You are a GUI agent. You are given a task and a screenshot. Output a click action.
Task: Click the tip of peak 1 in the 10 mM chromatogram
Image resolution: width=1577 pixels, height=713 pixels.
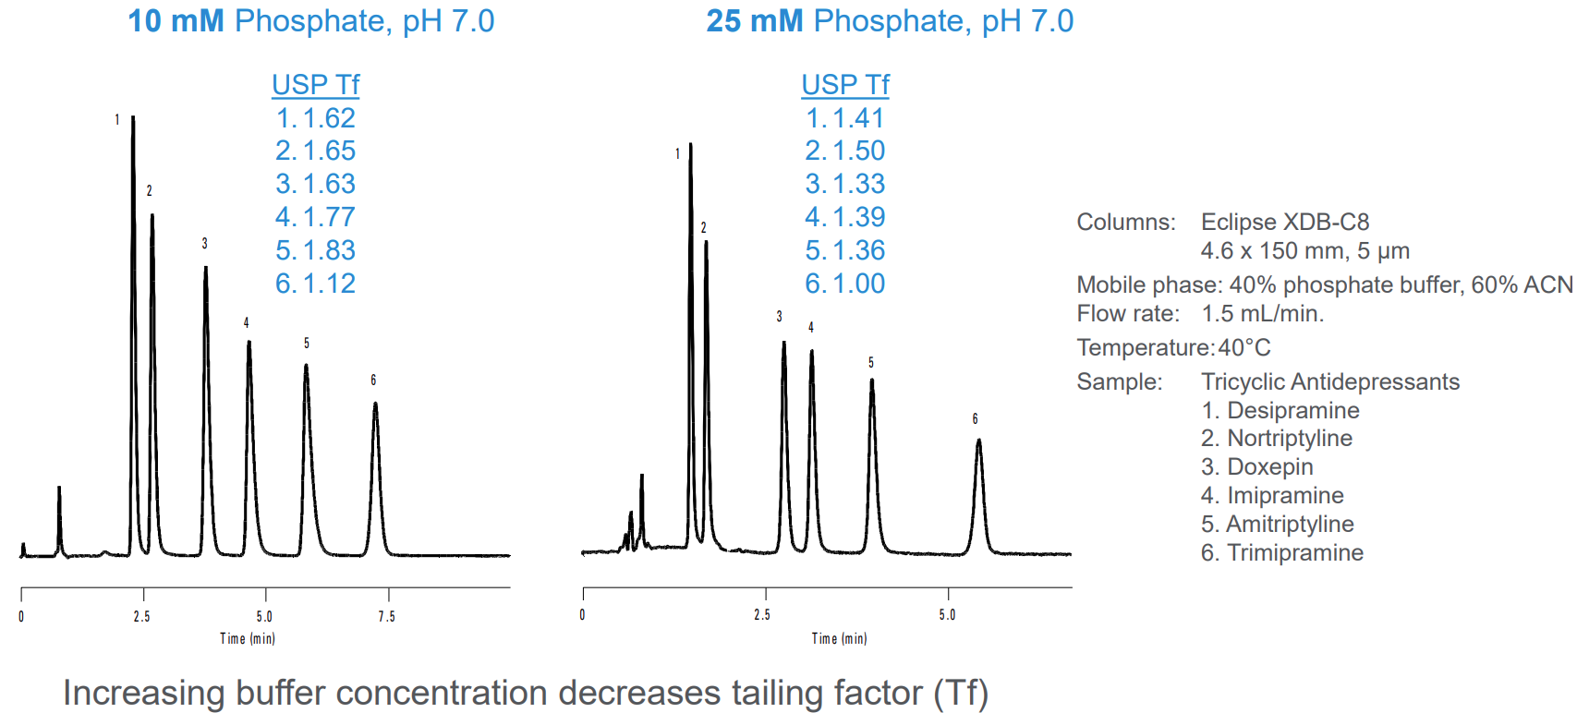(133, 117)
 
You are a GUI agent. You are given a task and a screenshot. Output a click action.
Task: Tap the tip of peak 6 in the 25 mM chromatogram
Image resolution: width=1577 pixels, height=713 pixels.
(978, 441)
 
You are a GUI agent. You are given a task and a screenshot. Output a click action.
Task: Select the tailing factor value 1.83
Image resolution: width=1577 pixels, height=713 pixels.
(329, 250)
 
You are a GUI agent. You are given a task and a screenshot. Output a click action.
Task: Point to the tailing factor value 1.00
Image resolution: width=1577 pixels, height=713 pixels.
(858, 284)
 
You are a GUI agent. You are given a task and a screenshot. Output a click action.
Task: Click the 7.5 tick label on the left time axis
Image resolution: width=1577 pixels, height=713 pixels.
(386, 616)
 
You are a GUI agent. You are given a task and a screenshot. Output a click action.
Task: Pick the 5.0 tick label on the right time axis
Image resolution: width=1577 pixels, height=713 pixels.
(947, 615)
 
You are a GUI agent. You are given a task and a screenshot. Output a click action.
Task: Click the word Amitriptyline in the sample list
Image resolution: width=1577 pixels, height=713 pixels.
(1290, 524)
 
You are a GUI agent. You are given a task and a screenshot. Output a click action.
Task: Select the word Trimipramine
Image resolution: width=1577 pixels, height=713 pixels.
(1295, 552)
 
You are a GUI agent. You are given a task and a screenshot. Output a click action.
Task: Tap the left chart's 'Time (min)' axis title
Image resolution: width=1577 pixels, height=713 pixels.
(247, 638)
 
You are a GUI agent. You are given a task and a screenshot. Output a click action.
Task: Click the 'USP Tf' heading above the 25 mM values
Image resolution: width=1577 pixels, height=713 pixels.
(844, 84)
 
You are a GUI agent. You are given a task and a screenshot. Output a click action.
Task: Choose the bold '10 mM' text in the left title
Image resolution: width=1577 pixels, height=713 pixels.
(176, 20)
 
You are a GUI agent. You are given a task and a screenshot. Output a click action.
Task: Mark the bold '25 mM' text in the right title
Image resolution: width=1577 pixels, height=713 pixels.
(754, 20)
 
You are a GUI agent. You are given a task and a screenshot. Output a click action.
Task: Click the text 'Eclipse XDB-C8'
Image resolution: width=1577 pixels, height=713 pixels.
(1284, 222)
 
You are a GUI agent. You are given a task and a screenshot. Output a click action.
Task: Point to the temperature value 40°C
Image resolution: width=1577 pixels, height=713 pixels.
(1243, 347)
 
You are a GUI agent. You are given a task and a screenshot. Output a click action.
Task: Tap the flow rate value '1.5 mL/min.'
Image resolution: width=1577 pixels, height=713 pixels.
(1262, 313)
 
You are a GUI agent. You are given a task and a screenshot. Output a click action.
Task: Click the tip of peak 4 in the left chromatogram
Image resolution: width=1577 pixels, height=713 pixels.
(249, 343)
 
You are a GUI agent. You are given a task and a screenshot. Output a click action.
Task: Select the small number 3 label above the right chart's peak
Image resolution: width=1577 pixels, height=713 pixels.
(779, 317)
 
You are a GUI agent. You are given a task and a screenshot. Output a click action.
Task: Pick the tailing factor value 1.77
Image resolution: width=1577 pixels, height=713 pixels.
(329, 217)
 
